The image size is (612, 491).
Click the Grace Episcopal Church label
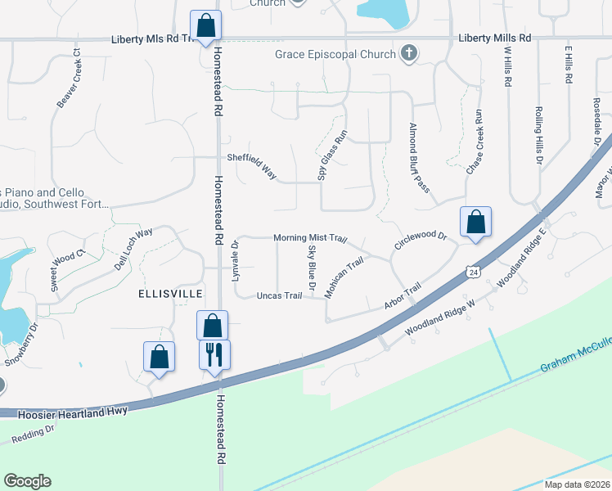pyautogui.click(x=335, y=56)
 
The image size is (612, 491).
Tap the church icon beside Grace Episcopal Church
pyautogui.click(x=408, y=55)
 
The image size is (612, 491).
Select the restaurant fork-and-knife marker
pyautogui.click(x=215, y=354)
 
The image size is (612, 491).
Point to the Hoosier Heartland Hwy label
pyautogui.click(x=74, y=411)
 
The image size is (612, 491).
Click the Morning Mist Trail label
pyautogui.click(x=310, y=237)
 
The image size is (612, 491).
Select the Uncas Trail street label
pyautogui.click(x=280, y=295)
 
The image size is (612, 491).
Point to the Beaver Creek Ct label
pyautogui.click(x=70, y=79)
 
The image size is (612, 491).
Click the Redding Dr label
pyautogui.click(x=34, y=434)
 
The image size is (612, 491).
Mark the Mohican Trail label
pyautogui.click(x=344, y=278)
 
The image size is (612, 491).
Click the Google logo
pyautogui.click(x=27, y=481)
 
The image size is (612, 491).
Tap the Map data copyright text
pyautogui.click(x=578, y=484)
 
